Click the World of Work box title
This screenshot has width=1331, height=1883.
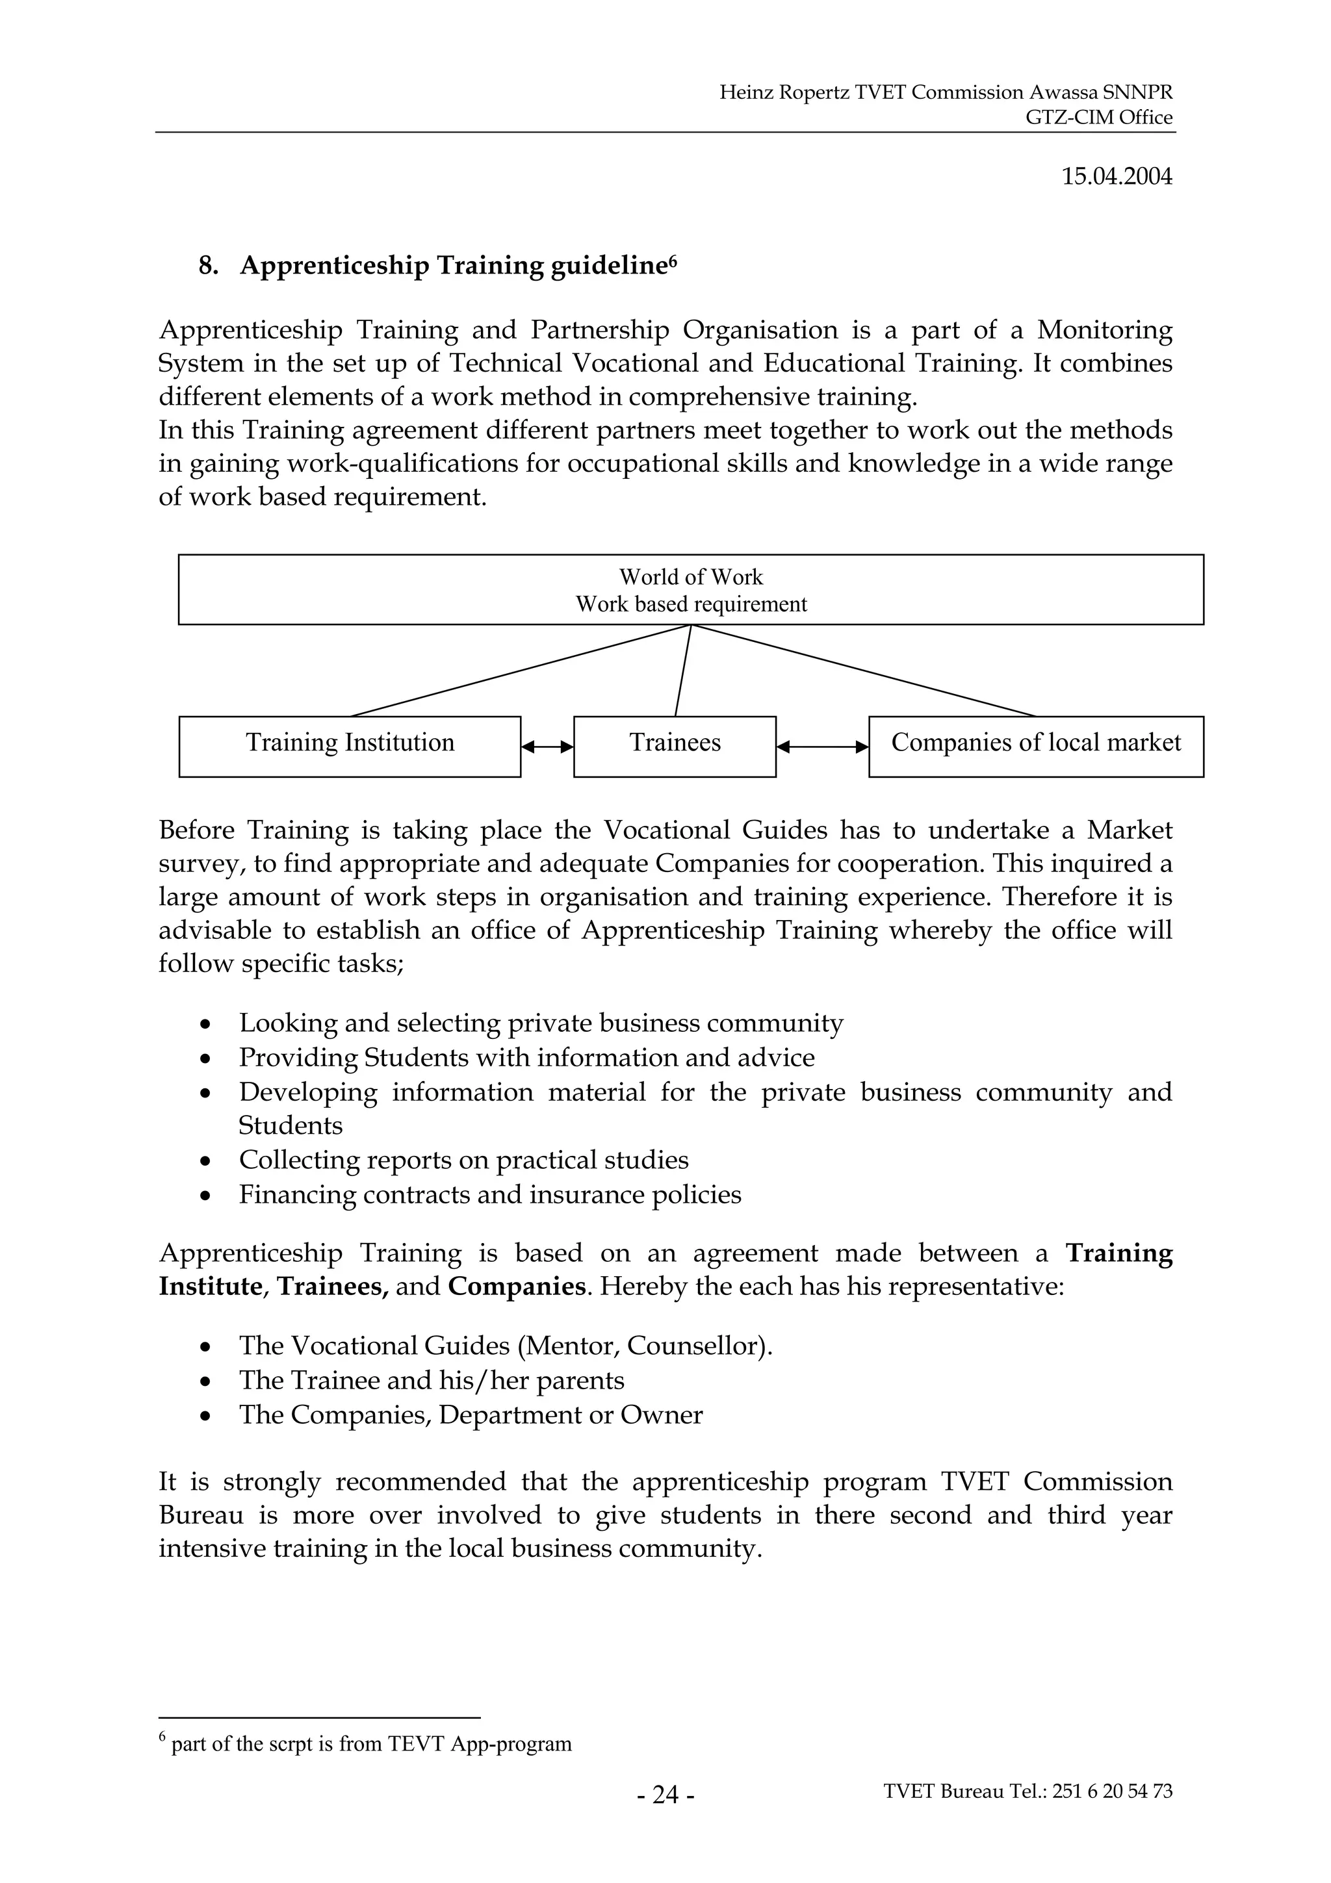click(690, 578)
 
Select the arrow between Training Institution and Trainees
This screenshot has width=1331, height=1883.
click(547, 747)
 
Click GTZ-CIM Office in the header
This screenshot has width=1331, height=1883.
click(1099, 117)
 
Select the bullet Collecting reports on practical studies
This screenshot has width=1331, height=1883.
click(463, 1160)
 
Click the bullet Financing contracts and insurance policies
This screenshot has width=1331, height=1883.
click(489, 1194)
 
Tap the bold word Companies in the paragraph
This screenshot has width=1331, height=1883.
click(516, 1286)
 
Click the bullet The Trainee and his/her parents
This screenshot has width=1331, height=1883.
click(432, 1379)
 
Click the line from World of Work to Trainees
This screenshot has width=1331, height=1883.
click(682, 671)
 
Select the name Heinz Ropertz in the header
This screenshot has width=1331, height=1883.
click(783, 93)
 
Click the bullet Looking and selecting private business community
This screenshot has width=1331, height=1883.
click(541, 1023)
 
